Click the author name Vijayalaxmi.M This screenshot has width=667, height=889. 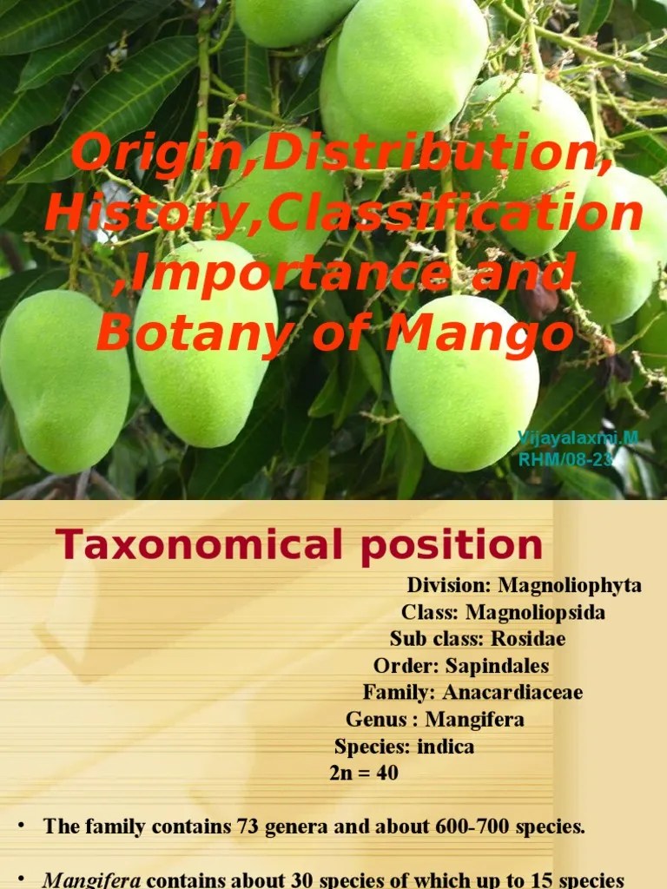[578, 438]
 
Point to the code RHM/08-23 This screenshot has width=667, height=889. [565, 459]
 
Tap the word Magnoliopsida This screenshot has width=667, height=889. [536, 613]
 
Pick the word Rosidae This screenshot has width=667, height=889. [528, 639]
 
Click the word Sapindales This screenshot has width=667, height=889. [497, 666]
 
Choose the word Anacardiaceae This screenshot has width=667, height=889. [512, 693]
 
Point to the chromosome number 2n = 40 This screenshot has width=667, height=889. [364, 772]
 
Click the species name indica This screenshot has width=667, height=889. [446, 747]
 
